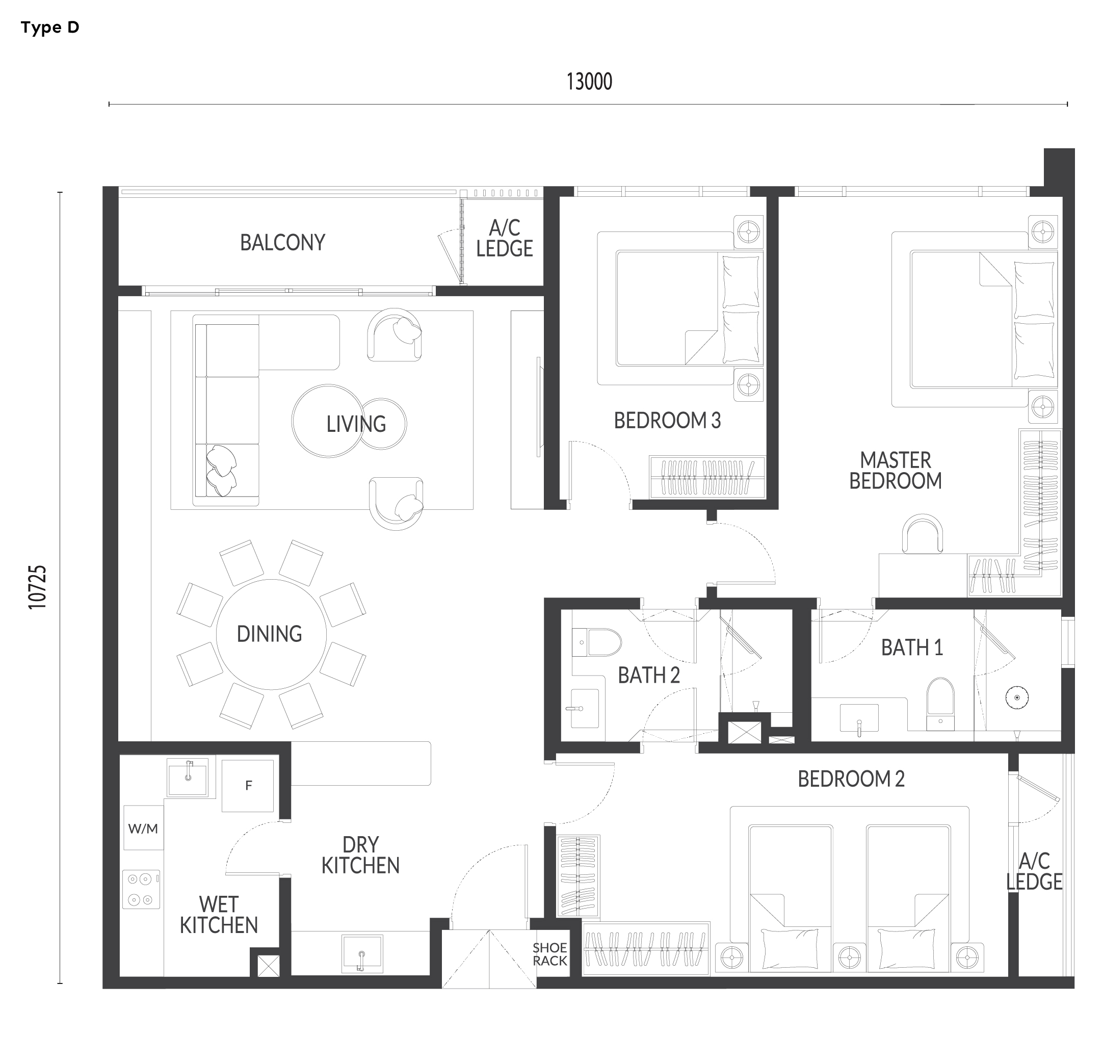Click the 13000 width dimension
point(589,82)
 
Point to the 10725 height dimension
point(38,587)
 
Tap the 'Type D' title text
point(50,28)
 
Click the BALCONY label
point(282,243)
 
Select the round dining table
point(271,634)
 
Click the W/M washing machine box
point(144,827)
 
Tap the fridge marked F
point(248,786)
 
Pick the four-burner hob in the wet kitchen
point(141,889)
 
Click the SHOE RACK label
point(550,954)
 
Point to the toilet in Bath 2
point(596,643)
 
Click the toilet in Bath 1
point(940,704)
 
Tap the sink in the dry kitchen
point(362,953)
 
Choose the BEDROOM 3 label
point(667,421)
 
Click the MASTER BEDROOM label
point(896,471)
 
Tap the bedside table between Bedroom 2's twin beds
point(849,957)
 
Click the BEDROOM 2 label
point(851,779)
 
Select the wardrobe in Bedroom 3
point(707,477)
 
